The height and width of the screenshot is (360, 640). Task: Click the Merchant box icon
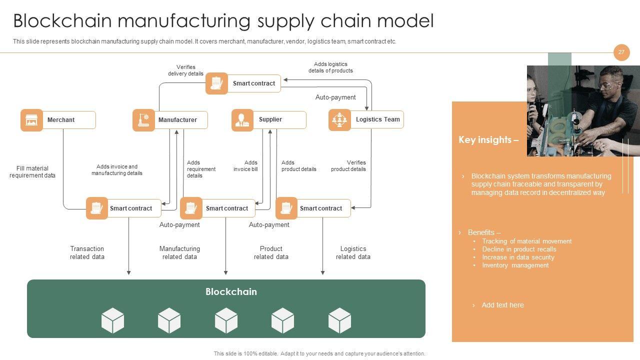31,120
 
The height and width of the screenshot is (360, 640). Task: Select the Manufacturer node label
177,120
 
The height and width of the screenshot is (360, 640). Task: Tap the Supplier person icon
242,120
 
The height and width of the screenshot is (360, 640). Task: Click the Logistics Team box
377,119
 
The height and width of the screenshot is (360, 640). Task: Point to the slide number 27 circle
621,52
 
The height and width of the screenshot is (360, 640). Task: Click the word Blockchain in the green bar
231,291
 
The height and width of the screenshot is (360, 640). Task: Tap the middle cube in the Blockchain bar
226,320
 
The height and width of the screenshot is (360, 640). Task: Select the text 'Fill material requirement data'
32,172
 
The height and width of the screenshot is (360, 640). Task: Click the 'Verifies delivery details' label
185,70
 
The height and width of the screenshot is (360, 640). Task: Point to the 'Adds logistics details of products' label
330,67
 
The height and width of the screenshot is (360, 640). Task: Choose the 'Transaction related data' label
87,252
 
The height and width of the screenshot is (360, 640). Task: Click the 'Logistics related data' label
353,252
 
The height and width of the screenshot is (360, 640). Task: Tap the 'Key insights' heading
488,140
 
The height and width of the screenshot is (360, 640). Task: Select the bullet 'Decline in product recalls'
519,249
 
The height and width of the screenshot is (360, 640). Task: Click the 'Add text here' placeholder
502,305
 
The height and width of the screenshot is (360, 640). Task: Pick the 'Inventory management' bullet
515,265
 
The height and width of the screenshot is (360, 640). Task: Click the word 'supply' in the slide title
284,21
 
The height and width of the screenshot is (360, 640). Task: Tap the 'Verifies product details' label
348,166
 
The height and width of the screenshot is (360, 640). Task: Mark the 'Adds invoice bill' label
245,166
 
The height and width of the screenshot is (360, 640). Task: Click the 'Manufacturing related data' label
179,252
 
